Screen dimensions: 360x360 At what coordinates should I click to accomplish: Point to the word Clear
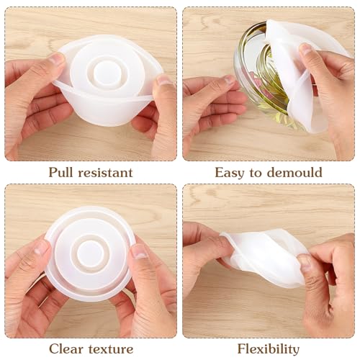[x=66, y=349]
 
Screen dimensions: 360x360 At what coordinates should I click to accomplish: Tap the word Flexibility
[x=268, y=349]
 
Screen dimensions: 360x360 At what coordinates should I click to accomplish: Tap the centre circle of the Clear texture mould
[x=90, y=252]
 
